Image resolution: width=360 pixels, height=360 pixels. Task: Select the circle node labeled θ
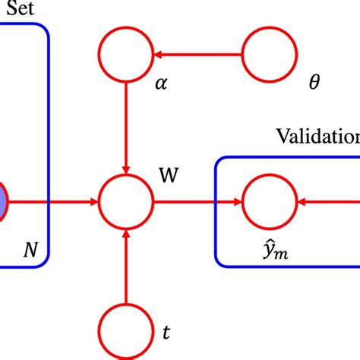(269, 55)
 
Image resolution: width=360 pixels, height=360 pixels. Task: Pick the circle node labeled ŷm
(269, 203)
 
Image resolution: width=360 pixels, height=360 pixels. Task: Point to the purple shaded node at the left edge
(3, 203)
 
